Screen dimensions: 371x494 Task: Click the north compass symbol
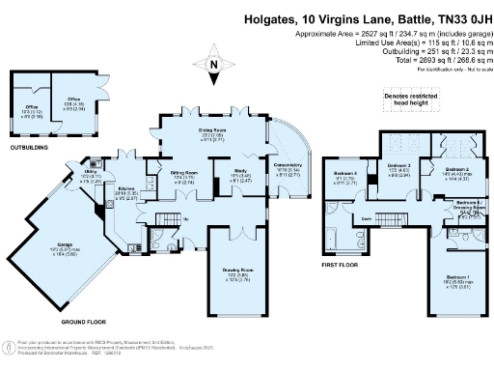tap(213, 65)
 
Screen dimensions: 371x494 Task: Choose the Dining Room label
tap(213, 131)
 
